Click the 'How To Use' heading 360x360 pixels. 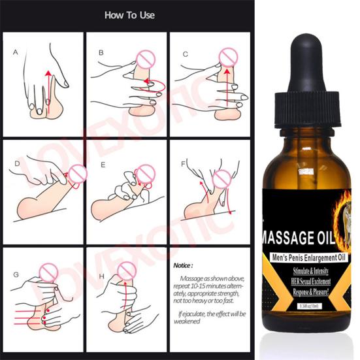click(129, 15)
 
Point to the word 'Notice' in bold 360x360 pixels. click(184, 266)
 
